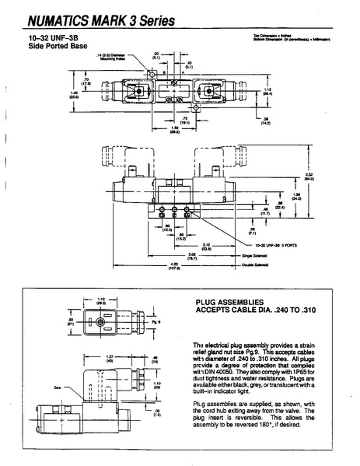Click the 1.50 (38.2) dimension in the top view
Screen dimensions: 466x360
176,130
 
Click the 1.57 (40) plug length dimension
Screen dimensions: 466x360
110,359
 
